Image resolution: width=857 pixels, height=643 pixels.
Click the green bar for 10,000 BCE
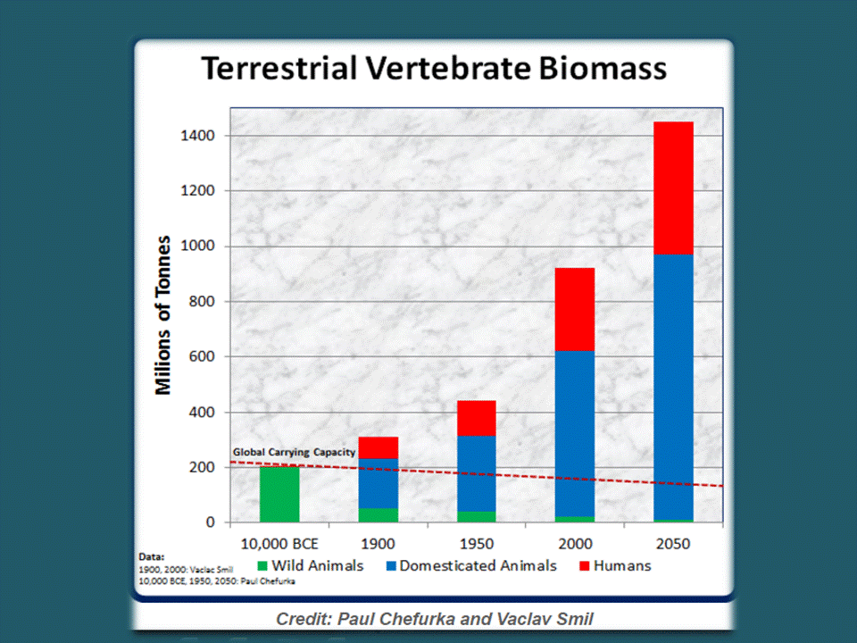[x=279, y=494]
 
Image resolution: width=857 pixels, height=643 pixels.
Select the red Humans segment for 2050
[x=673, y=188]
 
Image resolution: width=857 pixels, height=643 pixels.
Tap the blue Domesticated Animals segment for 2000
[x=575, y=434]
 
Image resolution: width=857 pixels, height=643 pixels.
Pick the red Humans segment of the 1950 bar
[x=477, y=418]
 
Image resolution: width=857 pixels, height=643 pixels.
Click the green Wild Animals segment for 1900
[x=379, y=515]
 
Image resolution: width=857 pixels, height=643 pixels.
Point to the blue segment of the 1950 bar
[x=477, y=473]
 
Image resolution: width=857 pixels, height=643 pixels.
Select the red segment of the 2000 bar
[x=575, y=310]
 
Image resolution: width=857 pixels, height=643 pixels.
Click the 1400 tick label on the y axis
[x=198, y=136]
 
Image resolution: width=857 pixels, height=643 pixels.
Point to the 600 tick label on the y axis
[x=203, y=356]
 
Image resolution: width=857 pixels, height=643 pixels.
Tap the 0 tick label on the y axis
[x=211, y=522]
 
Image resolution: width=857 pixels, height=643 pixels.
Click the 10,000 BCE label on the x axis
[x=279, y=544]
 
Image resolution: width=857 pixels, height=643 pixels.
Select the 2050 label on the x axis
[x=673, y=544]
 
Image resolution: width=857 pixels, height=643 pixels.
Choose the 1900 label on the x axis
[x=378, y=544]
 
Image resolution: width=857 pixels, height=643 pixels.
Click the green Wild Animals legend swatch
[x=262, y=566]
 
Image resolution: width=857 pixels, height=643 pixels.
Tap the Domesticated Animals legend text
[x=478, y=565]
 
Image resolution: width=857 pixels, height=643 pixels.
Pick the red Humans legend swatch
[x=584, y=566]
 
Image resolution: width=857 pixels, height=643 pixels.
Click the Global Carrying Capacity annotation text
[x=294, y=453]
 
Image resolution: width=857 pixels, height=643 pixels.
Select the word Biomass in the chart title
[x=603, y=69]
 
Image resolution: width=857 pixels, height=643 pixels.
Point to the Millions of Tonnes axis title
[x=162, y=315]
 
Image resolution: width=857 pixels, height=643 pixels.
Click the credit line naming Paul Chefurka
[x=435, y=619]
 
